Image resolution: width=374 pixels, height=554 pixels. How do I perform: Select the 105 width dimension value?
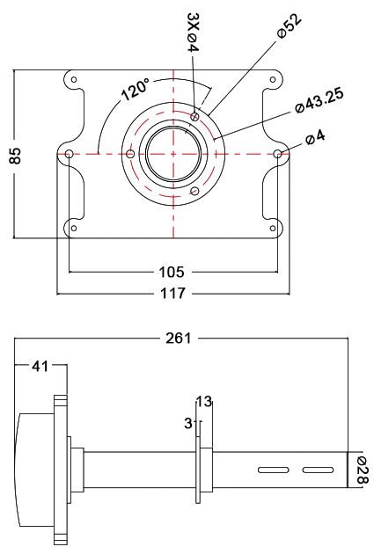coord(172,271)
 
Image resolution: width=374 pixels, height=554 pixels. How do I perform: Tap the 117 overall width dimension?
coord(172,294)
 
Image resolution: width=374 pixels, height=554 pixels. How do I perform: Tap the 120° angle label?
coord(136,90)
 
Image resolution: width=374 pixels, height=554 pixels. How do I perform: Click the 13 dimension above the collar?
coord(203,402)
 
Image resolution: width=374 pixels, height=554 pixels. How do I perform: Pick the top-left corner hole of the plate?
coord(74,81)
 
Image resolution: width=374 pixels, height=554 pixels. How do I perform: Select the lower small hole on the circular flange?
coord(196,189)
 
